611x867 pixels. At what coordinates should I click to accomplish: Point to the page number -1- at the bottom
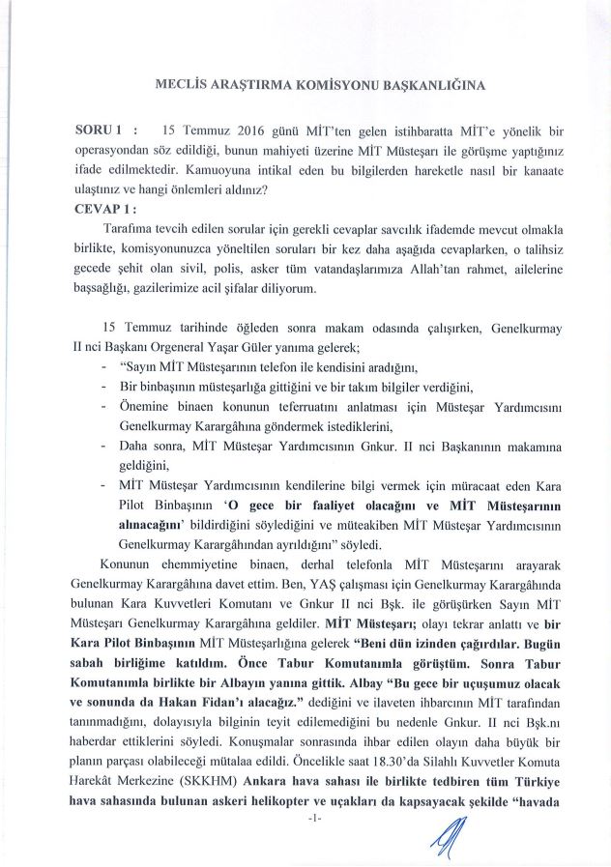pos(305,820)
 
